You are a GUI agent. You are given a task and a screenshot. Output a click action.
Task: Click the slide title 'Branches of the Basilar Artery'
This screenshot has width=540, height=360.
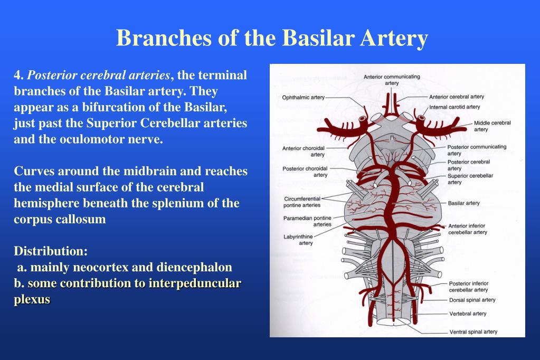(x=272, y=38)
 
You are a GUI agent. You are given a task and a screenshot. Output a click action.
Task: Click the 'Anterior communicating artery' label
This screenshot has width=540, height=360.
(x=392, y=80)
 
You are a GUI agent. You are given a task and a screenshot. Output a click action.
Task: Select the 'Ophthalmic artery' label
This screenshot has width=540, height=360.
(x=303, y=98)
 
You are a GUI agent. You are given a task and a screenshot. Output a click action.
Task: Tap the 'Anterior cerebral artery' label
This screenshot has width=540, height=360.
(x=456, y=97)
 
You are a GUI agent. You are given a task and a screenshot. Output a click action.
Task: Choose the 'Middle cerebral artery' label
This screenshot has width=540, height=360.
(x=491, y=126)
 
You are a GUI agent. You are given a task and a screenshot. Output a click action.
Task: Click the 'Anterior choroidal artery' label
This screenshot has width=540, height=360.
(x=304, y=151)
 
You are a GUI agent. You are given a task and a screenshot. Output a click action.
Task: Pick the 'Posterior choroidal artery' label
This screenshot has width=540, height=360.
(x=305, y=172)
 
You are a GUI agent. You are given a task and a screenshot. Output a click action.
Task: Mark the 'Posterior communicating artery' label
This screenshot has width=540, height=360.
(x=476, y=150)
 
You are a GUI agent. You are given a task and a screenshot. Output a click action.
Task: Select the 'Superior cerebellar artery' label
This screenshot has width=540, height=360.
(x=470, y=179)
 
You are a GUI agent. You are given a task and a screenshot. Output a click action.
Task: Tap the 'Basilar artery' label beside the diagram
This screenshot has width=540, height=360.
(x=463, y=203)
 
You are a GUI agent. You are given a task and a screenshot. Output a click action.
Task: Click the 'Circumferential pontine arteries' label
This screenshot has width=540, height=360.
(x=302, y=202)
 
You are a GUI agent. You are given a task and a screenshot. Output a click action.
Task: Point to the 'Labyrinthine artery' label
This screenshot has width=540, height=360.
(x=298, y=240)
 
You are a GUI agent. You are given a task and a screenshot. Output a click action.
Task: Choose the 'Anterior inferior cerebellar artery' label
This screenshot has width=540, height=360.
(x=467, y=229)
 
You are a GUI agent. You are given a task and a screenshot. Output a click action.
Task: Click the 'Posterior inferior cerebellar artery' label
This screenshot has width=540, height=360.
(x=468, y=287)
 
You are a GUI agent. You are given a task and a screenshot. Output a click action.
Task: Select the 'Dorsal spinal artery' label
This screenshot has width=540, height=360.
(x=472, y=300)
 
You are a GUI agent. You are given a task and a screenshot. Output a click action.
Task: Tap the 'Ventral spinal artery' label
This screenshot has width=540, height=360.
(x=473, y=332)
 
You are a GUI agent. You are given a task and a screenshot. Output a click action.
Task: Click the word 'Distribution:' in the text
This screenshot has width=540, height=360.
(x=51, y=250)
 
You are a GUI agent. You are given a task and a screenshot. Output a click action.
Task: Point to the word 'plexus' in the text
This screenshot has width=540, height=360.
(x=32, y=299)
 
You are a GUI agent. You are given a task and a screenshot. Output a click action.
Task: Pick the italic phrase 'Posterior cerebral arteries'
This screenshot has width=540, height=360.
(x=99, y=75)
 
